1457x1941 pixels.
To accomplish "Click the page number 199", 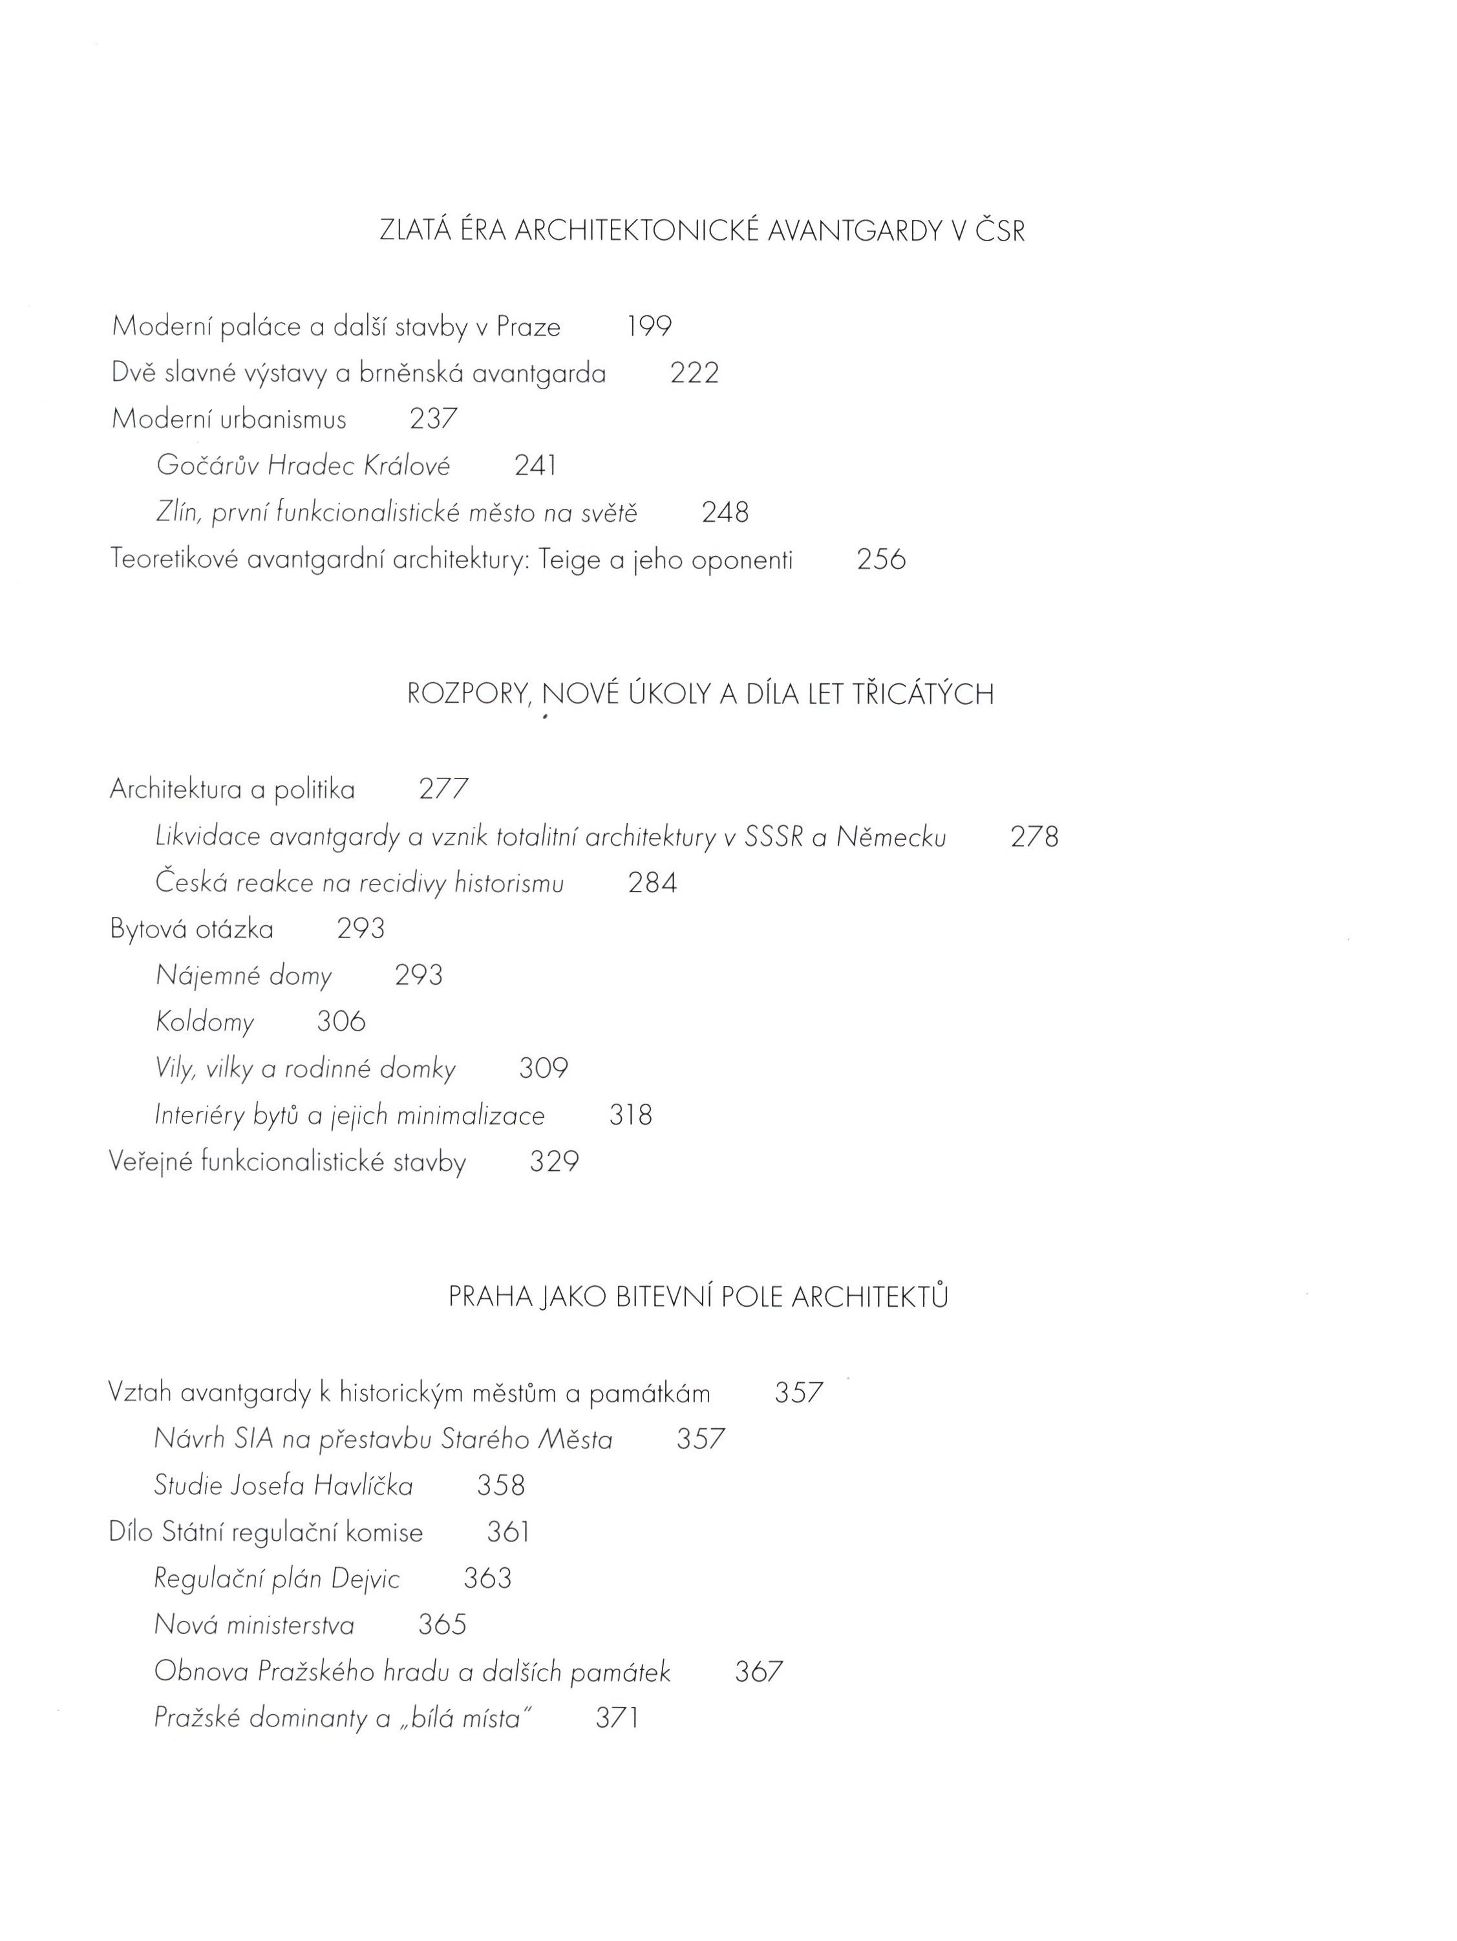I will [649, 327].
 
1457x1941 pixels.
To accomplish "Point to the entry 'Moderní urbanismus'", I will [229, 420].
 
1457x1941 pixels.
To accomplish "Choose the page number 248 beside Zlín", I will [725, 513].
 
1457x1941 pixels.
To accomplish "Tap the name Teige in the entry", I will [569, 560].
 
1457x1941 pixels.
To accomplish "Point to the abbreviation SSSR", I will [773, 837].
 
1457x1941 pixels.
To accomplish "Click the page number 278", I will [1034, 837].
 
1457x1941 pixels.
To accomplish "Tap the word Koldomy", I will [204, 1022].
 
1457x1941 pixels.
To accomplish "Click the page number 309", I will [543, 1069].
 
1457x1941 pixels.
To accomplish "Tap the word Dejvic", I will [365, 1580].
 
